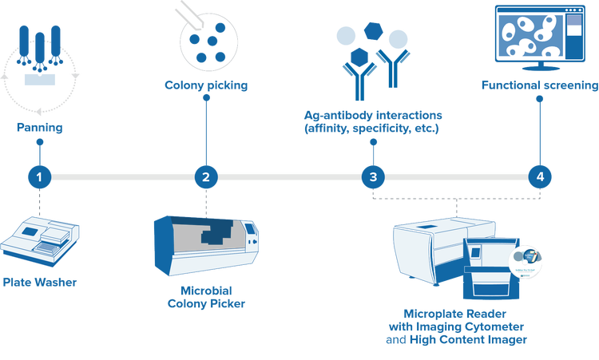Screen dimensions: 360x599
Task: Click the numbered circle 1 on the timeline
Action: click(x=41, y=176)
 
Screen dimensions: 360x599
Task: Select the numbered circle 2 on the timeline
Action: click(x=206, y=176)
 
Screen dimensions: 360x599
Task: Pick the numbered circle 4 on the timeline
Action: click(x=541, y=176)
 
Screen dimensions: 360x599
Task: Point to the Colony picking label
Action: click(x=206, y=84)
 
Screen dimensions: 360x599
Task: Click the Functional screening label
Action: click(x=540, y=85)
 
